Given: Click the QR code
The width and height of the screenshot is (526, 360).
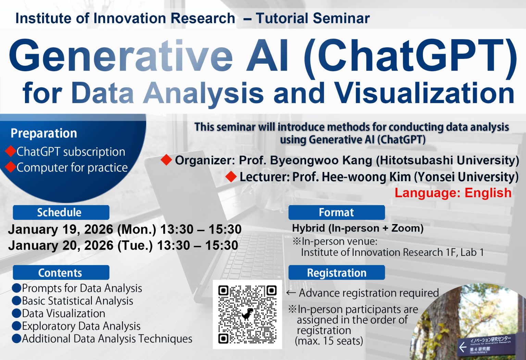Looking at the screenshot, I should pos(247,314).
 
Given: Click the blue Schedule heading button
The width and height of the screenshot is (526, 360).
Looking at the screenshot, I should pos(61,212).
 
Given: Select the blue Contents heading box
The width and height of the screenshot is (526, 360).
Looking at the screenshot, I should pos(61,273).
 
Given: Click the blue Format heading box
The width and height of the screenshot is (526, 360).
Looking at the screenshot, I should pos(336,212).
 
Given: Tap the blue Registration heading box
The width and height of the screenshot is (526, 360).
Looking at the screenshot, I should pos(336,273).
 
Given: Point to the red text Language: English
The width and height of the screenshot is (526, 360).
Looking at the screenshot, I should pos(453,193).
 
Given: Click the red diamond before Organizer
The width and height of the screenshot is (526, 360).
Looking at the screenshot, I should pos(166,160).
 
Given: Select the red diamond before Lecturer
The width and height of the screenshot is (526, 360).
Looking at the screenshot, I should pos(231,176).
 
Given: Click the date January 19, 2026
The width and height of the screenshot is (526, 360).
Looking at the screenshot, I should pos(61,229).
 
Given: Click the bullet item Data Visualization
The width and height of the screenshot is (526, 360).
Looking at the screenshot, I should pos(63,313).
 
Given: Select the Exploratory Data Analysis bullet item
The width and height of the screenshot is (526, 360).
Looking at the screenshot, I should pos(81,326).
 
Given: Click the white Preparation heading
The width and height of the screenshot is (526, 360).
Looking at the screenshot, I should pos(44,133).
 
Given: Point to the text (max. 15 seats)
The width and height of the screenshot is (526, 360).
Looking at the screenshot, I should pos(329,341).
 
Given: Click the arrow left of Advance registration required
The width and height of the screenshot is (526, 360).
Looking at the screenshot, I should pos(291,293).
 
